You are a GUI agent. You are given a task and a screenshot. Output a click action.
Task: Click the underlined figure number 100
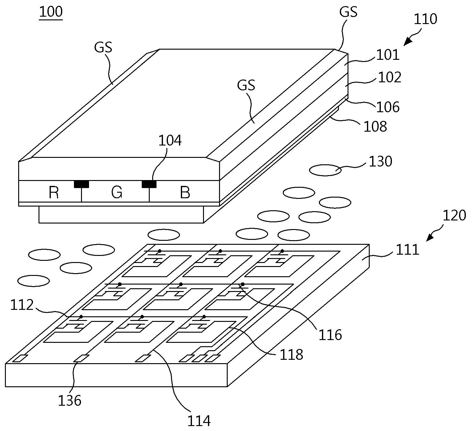tap(51, 12)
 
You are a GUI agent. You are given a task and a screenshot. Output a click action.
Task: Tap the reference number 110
tap(425, 19)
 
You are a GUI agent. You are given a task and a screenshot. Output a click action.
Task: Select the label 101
tap(388, 55)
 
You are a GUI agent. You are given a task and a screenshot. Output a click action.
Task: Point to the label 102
tap(389, 77)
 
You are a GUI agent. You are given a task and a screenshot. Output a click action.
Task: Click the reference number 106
tap(388, 107)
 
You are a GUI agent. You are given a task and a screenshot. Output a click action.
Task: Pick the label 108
tap(375, 126)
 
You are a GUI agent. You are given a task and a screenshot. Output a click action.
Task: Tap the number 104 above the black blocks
tap(170, 141)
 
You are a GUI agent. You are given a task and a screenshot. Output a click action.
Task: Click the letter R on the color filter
tap(54, 193)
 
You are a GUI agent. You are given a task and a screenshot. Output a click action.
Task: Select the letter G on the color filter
tap(117, 193)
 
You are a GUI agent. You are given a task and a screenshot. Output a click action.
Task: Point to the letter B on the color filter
tap(185, 193)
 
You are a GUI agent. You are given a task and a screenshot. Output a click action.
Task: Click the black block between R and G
tap(82, 184)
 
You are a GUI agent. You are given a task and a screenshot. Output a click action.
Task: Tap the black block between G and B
tap(149, 184)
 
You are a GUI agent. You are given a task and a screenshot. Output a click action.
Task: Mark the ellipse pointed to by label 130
tap(325, 170)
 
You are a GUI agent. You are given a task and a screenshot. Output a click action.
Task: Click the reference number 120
tap(454, 215)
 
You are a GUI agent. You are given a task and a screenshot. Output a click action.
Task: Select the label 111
tap(407, 250)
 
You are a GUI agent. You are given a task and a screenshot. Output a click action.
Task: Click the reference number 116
tap(330, 335)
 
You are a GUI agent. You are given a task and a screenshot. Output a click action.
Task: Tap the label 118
tap(291, 355)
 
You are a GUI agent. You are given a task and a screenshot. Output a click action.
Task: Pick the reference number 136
tap(70, 400)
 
